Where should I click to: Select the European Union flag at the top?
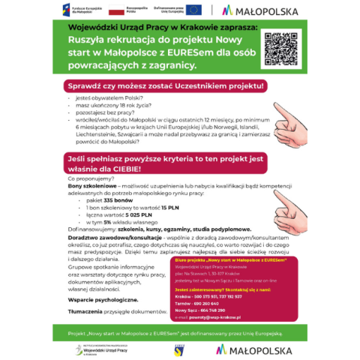(193, 10)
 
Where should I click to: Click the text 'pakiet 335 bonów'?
(105, 201)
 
